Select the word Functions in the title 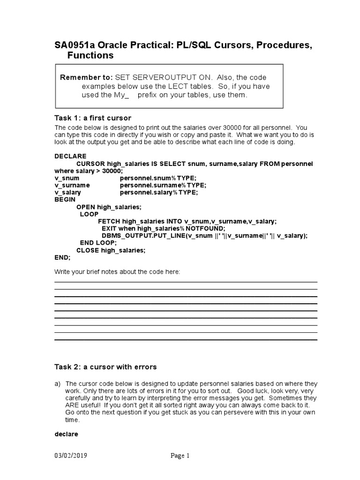(90, 56)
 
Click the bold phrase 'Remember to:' (86, 77)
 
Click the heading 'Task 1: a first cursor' (93, 118)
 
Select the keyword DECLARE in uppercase (70, 156)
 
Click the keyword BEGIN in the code (65, 199)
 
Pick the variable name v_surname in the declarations (72, 185)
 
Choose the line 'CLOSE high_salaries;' (111, 250)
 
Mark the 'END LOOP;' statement (98, 243)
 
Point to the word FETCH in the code (109, 221)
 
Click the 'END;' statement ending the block (62, 257)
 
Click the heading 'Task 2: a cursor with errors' (105, 367)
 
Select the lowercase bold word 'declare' (67, 434)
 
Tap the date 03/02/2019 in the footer (71, 456)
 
